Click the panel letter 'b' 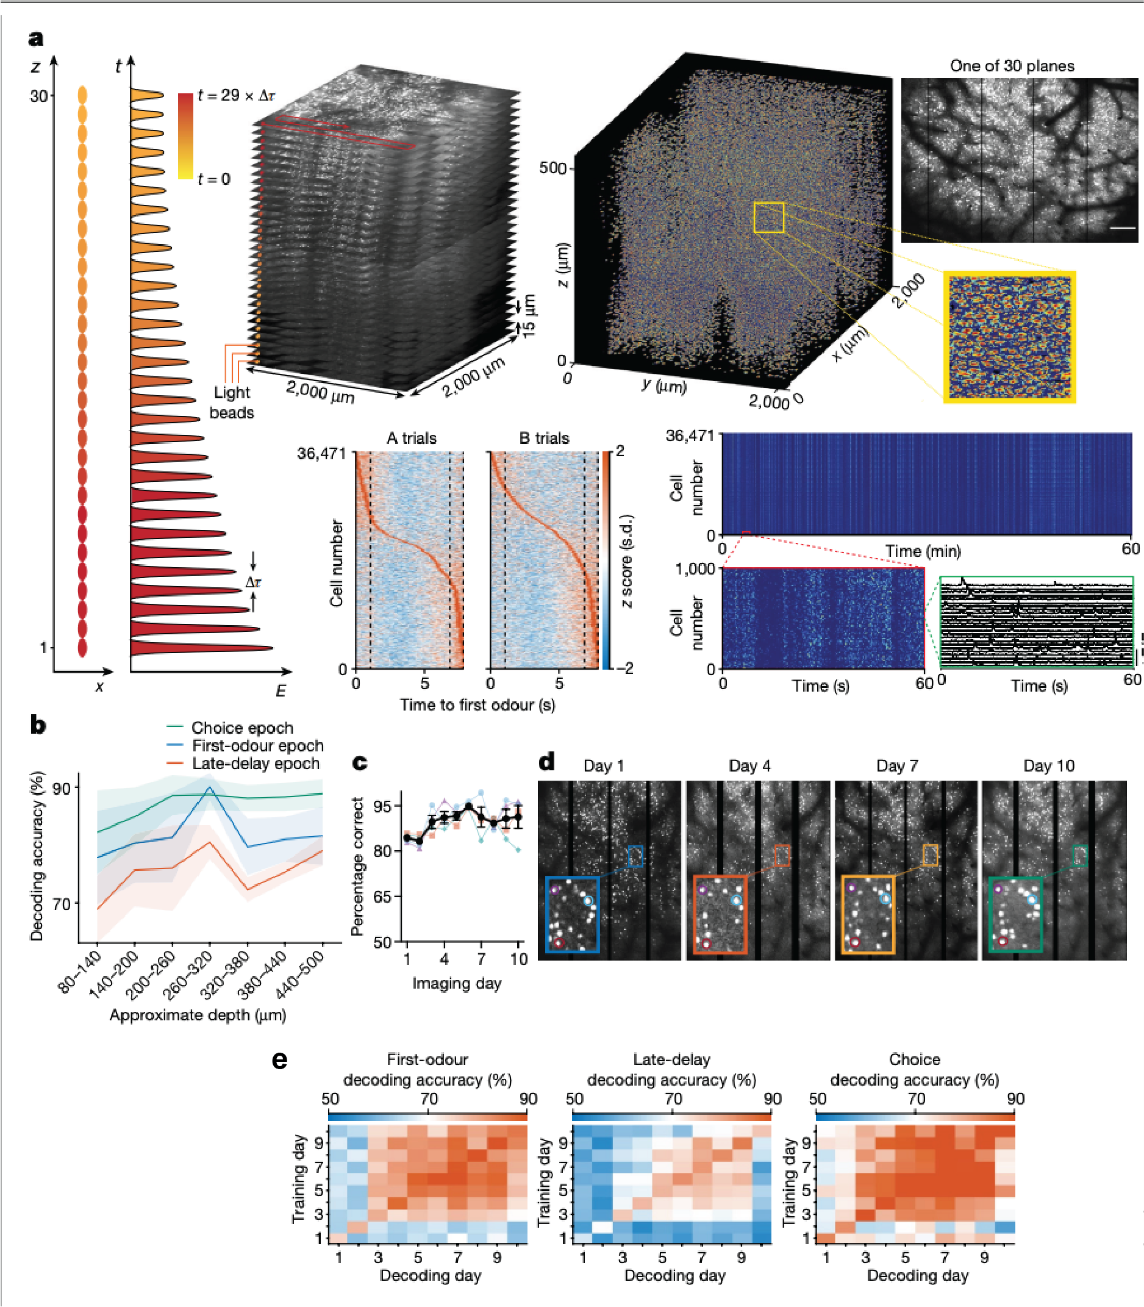point(38,725)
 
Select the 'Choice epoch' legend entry point(242,728)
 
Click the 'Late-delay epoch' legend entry point(256,764)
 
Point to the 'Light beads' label point(232,403)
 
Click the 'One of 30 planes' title point(1011,66)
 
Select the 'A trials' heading point(411,438)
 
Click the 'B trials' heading point(544,438)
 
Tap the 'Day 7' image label point(897,765)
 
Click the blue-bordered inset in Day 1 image point(572,914)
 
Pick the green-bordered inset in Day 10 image point(1015,914)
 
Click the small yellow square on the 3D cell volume point(768,218)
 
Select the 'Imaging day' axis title point(457,983)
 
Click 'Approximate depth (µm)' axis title point(198,1015)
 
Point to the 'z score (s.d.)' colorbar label point(627,560)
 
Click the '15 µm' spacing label point(529,316)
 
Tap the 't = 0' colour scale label point(214,179)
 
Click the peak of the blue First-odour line point(210,789)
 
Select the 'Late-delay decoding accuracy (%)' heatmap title point(671,1070)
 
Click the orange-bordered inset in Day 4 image point(720,914)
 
